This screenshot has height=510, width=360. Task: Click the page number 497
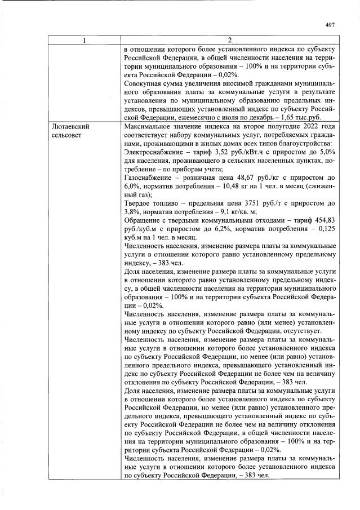coord(331,24)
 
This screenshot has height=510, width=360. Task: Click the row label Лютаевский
coord(70,127)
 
